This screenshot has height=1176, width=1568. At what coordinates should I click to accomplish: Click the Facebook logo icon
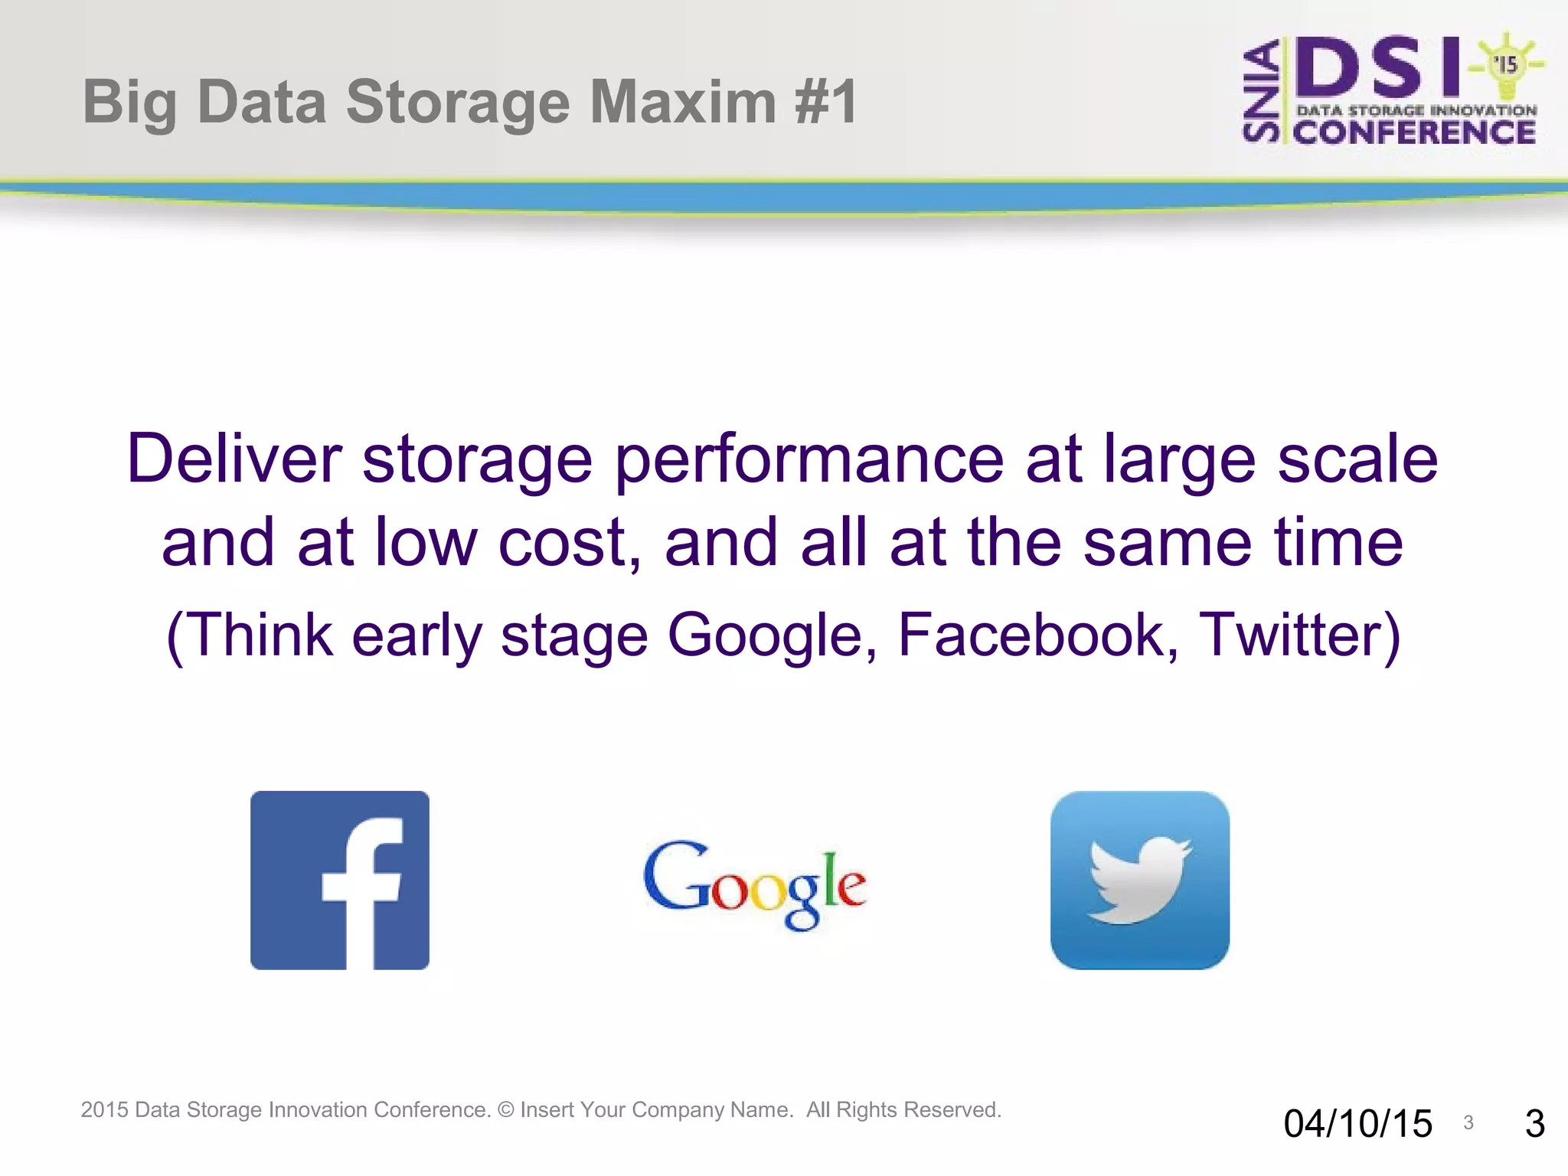[339, 880]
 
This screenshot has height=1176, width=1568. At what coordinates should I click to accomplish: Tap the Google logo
[755, 884]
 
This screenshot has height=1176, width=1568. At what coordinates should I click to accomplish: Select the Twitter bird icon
[1139, 880]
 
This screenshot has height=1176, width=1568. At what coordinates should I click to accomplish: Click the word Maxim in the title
[683, 102]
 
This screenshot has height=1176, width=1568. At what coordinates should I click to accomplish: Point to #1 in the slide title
[826, 102]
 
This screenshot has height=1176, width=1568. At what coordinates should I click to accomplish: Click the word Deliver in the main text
[234, 459]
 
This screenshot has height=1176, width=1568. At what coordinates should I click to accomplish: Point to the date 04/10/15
[1357, 1124]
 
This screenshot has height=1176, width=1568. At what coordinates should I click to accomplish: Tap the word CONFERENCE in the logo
[1414, 132]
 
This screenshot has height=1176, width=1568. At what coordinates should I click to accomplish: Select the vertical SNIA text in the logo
[1260, 92]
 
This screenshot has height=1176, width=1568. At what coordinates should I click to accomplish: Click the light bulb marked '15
[1505, 66]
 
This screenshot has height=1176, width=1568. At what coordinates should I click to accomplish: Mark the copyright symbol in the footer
[505, 1110]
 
